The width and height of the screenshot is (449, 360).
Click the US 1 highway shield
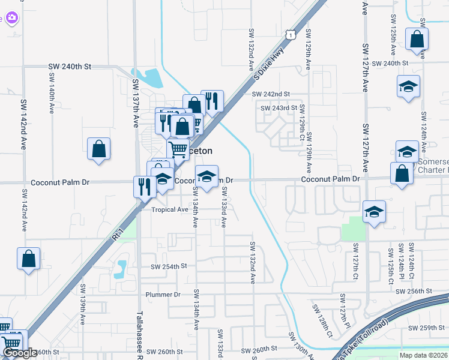point(291,35)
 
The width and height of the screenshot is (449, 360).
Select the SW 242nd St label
point(271,94)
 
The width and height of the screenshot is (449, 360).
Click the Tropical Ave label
point(170,209)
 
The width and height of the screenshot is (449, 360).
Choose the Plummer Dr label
point(163,295)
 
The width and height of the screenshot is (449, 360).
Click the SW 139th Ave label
point(83,313)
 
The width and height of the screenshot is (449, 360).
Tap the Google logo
point(19,353)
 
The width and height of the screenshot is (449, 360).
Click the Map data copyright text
point(423,355)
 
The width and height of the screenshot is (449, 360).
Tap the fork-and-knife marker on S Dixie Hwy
point(211,100)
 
